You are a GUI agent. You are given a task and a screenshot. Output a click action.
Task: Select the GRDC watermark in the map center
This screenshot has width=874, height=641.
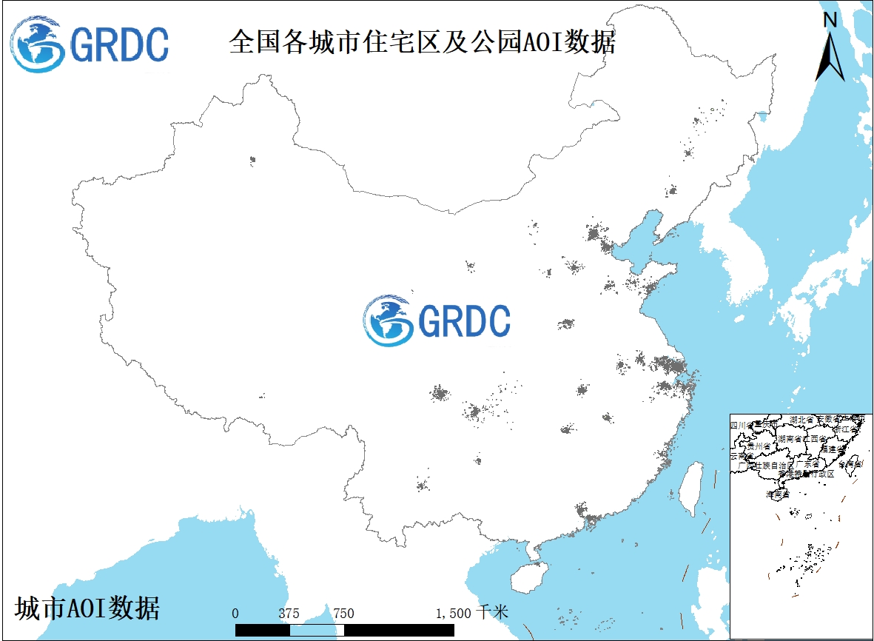tap(437, 320)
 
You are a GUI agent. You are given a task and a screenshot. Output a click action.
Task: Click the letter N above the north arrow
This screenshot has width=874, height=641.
tap(830, 20)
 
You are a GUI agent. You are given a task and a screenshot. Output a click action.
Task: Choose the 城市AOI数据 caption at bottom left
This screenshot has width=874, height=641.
tap(87, 608)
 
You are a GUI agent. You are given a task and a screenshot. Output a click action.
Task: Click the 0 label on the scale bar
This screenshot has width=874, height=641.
tap(235, 613)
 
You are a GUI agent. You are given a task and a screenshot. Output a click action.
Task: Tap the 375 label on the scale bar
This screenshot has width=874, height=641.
tap(289, 613)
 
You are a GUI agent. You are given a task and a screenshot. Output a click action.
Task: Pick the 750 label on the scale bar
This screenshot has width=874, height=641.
tap(343, 613)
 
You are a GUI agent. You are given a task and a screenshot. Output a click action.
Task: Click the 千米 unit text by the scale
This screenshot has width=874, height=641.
tap(492, 612)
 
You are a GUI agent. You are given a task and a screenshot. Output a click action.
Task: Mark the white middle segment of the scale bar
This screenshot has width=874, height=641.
tap(317, 630)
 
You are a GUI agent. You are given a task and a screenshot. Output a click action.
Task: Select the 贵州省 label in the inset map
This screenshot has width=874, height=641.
tap(759, 446)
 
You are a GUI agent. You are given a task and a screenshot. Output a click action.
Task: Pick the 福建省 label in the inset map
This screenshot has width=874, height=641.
tap(832, 449)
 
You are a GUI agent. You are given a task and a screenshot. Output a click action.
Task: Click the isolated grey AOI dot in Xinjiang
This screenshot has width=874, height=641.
tap(252, 159)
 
